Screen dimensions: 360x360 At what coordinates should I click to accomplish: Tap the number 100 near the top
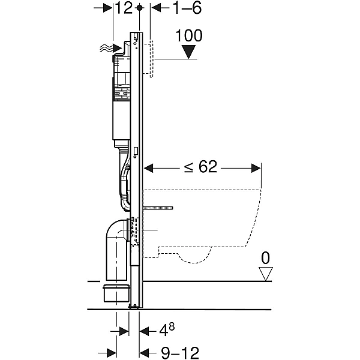[x=190, y=35]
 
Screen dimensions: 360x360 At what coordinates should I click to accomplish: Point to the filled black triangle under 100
[x=190, y=52]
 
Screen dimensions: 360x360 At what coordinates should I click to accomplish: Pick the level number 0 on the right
[x=265, y=259]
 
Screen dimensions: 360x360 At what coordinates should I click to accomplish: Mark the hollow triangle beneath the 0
[x=265, y=273]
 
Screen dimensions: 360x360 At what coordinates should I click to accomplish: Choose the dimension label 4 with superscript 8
[x=167, y=329]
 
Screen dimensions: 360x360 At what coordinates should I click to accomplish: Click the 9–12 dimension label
[x=179, y=351]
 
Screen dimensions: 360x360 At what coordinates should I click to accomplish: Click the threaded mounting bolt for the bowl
[x=158, y=208]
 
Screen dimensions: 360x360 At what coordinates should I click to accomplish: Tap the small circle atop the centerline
[x=140, y=8]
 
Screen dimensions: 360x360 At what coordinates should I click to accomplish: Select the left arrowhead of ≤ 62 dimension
[x=148, y=167]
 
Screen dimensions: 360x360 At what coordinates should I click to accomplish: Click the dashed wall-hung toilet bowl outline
[x=210, y=222]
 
